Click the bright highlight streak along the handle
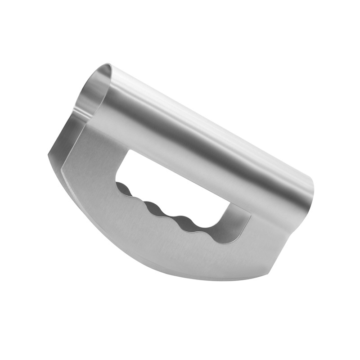(211, 121)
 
